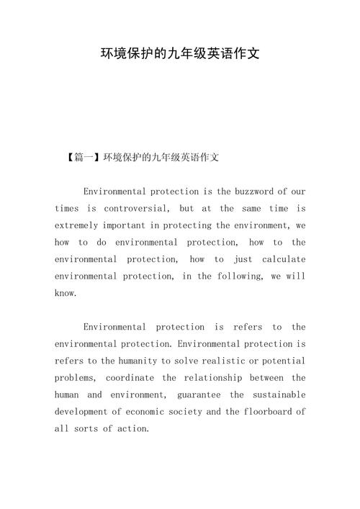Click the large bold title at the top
coord(180,54)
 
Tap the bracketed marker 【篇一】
coord(84,156)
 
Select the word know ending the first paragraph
coord(65,293)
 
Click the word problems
coord(75,378)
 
